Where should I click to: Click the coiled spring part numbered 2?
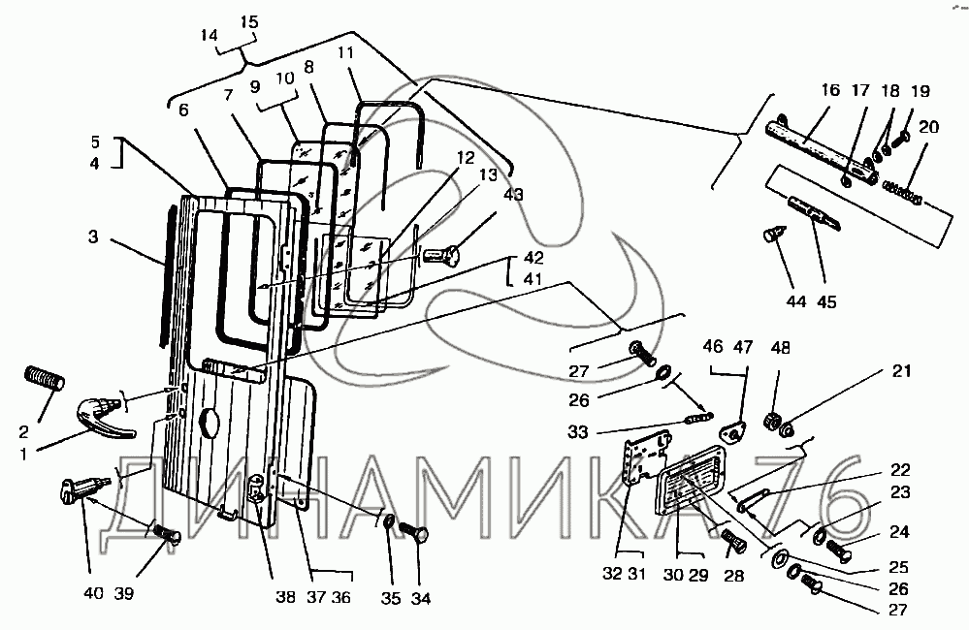[x=44, y=377]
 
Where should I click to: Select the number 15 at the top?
[x=249, y=21]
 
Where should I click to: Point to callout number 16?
[x=830, y=91]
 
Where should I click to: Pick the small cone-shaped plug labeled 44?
[x=772, y=235]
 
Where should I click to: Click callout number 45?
[x=826, y=302]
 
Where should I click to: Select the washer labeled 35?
[x=389, y=525]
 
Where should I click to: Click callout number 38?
[x=284, y=598]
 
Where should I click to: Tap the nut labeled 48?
[x=775, y=420]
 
